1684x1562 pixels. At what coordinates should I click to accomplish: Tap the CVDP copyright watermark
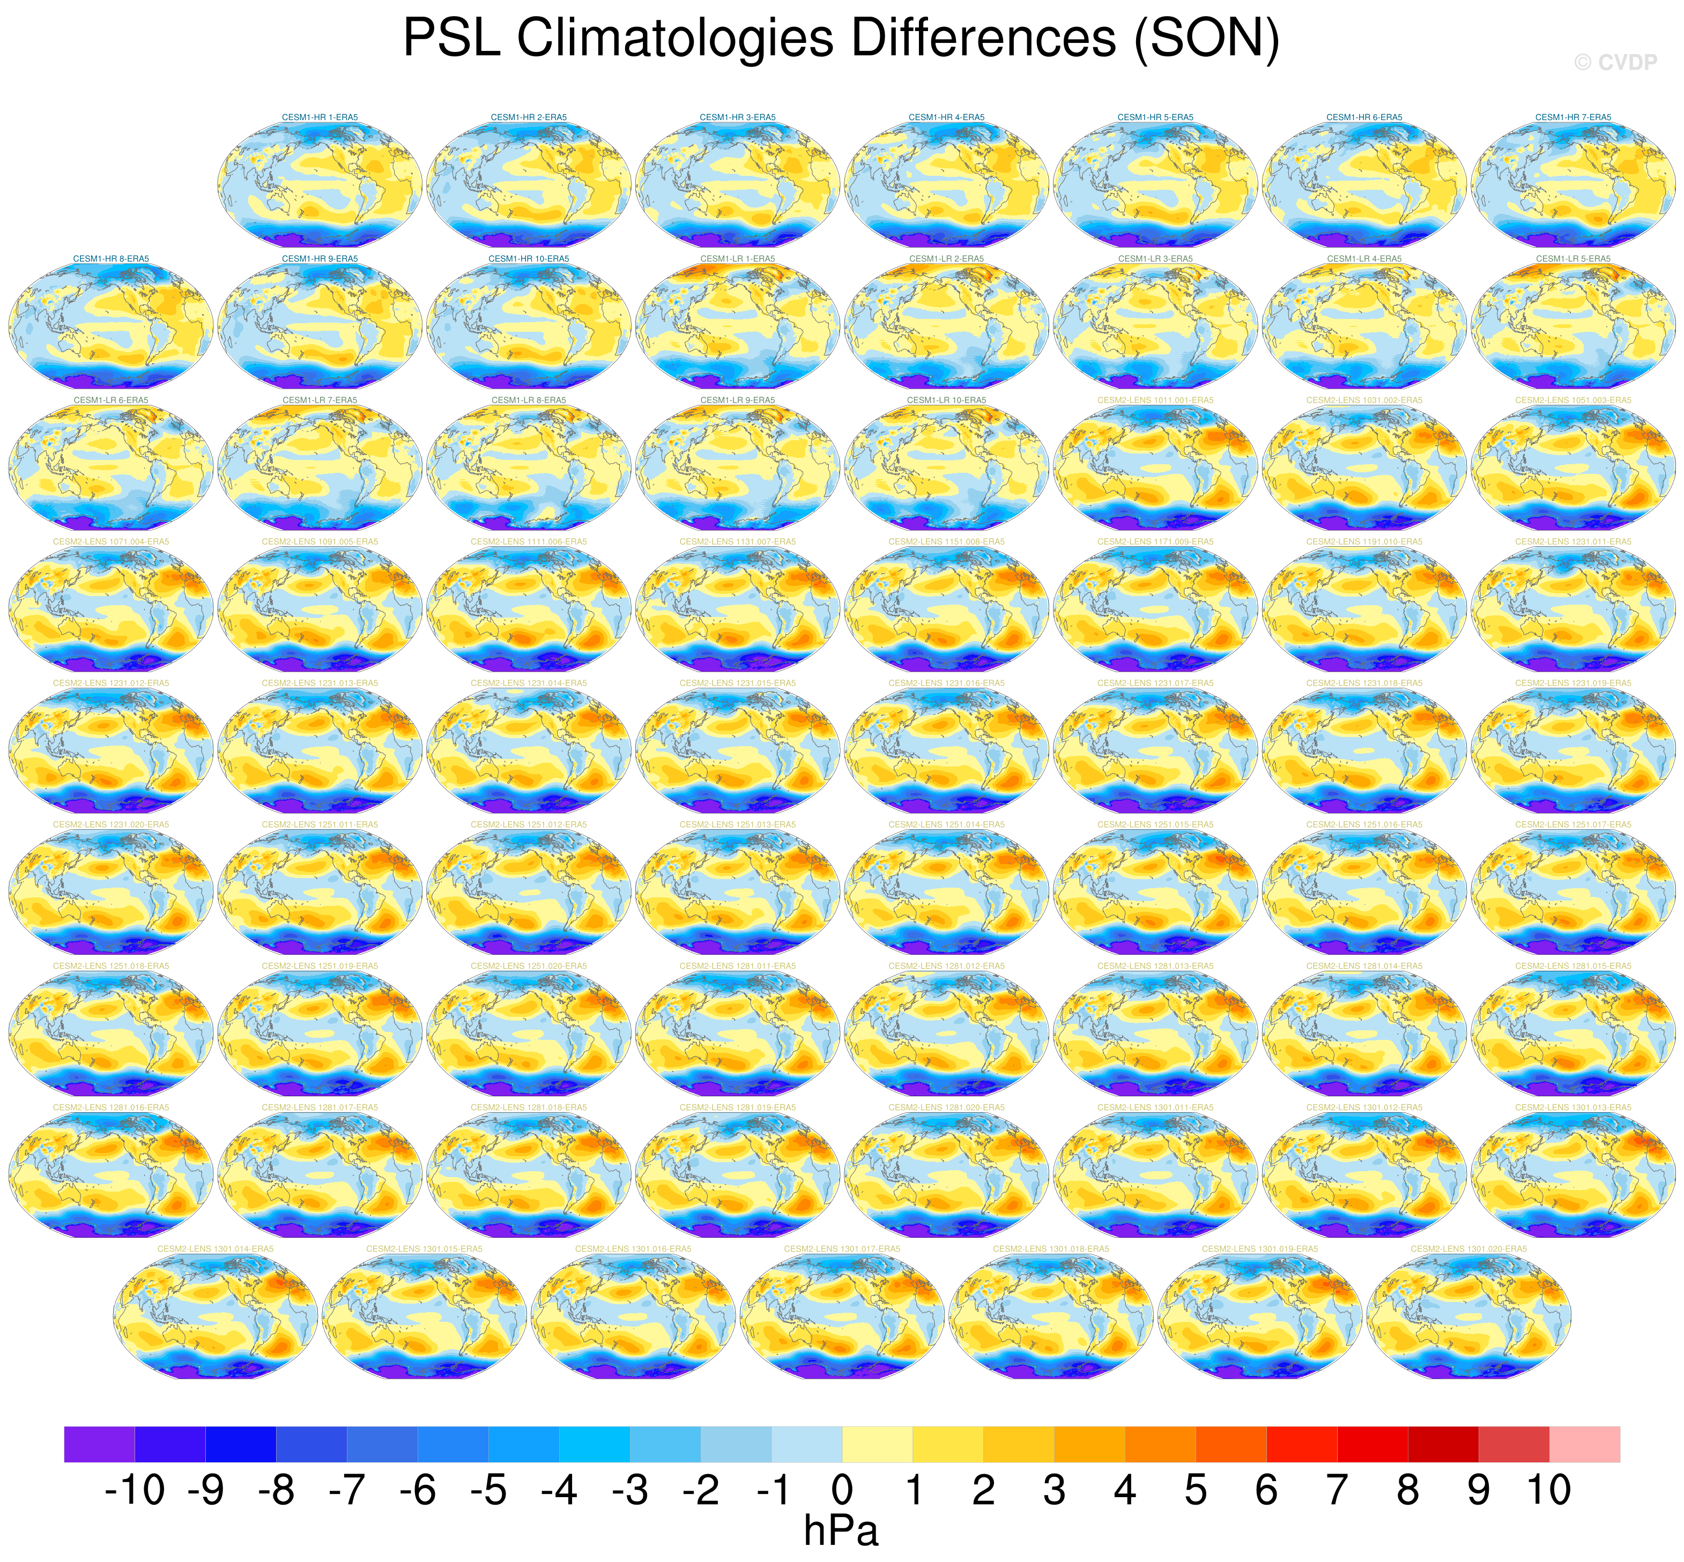pos(1615,63)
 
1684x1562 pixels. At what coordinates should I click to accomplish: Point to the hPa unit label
pos(841,1531)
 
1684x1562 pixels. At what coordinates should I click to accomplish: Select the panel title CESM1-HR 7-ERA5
pos(1573,117)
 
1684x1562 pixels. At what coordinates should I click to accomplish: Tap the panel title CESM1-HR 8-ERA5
pos(111,259)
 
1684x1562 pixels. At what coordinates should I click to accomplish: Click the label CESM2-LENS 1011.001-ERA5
pos(1155,400)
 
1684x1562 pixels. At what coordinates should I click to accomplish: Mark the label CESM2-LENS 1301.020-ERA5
pos(1468,1248)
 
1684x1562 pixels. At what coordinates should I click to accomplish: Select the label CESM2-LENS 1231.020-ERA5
pos(111,824)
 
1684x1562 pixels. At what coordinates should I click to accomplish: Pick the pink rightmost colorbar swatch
pos(1584,1445)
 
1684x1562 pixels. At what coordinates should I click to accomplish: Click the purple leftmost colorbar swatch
pos(99,1445)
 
